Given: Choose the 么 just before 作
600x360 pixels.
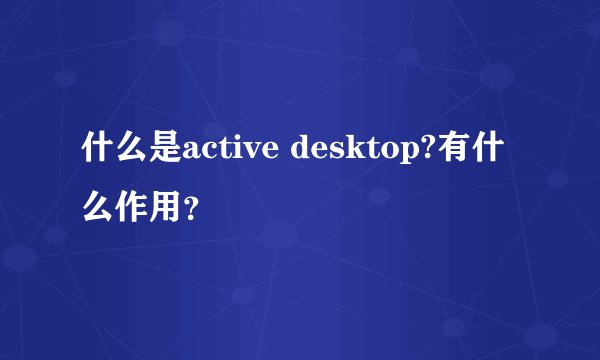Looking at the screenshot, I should pyautogui.click(x=98, y=210).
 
